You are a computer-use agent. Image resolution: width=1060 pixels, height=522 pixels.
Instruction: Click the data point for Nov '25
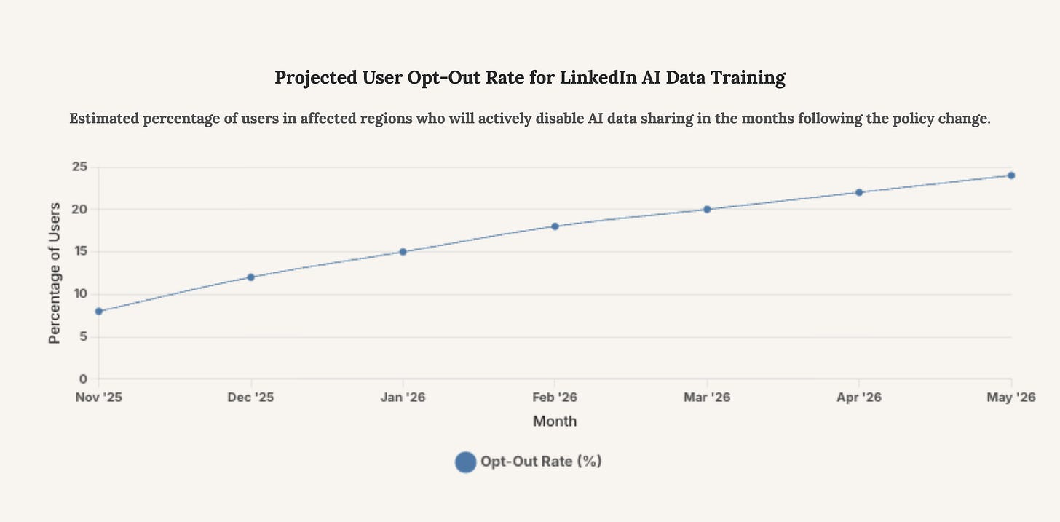[99, 311]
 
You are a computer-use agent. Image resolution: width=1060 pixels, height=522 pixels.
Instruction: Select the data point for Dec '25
[251, 277]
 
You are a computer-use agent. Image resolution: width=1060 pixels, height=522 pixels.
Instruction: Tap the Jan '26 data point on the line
[403, 252]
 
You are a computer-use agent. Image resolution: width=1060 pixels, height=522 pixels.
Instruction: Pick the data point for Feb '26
[555, 226]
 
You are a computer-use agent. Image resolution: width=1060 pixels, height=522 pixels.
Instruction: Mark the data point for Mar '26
[707, 209]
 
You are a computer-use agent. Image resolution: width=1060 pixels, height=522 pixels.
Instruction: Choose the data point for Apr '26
[859, 192]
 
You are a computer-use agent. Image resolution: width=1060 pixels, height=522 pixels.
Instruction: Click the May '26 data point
[1011, 175]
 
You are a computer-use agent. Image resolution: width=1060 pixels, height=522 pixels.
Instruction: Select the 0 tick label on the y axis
[83, 379]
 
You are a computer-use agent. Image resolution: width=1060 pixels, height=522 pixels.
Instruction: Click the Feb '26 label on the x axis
[555, 398]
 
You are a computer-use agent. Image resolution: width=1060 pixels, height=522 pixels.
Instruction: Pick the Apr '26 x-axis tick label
[859, 398]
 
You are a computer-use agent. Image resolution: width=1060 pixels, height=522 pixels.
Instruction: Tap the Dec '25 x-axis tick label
[251, 398]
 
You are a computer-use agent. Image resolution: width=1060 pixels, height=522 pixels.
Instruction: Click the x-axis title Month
[555, 421]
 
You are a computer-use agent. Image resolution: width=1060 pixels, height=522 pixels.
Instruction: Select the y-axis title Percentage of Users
[55, 273]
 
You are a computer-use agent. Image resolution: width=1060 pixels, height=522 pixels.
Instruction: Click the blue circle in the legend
[465, 462]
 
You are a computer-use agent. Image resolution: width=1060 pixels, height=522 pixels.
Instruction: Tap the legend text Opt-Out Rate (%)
[541, 462]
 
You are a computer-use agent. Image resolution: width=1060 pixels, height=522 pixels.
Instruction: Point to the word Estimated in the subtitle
[103, 119]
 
